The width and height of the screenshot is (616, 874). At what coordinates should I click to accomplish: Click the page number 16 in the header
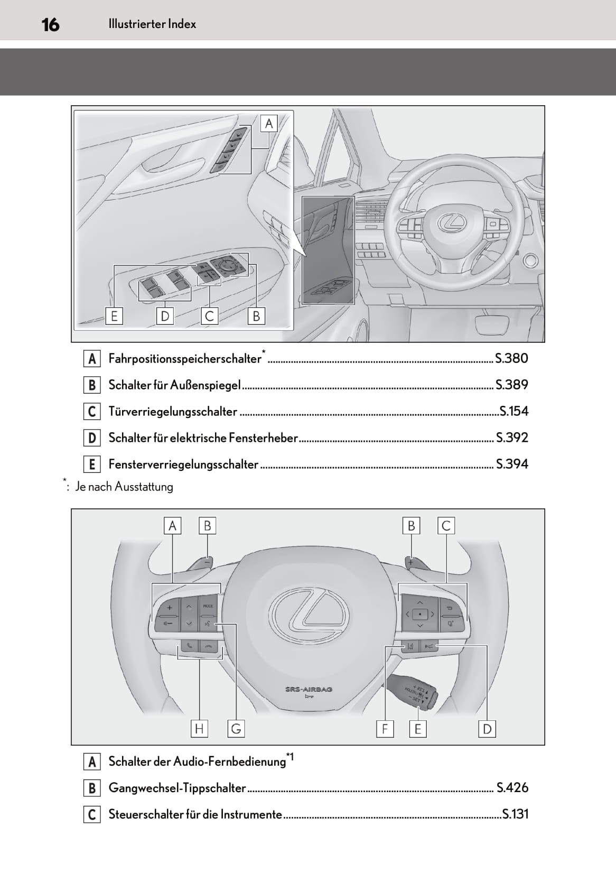click(x=51, y=24)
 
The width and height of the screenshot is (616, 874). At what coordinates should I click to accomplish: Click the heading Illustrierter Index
click(x=152, y=24)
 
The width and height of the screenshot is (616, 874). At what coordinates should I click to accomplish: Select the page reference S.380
click(x=511, y=358)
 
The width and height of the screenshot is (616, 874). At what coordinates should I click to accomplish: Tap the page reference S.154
click(x=514, y=411)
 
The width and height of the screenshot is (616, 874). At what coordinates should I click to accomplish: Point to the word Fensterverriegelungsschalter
click(x=183, y=464)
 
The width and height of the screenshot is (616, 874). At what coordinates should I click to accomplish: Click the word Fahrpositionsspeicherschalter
click(x=185, y=359)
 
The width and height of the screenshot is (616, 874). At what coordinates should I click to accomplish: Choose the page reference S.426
click(x=512, y=788)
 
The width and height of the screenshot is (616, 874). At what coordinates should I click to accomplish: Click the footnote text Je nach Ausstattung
click(x=124, y=487)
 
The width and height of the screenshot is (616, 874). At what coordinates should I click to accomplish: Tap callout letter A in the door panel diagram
click(x=269, y=124)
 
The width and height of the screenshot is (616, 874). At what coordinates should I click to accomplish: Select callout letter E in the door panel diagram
click(x=114, y=316)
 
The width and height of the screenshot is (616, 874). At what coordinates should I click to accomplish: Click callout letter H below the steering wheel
click(x=199, y=729)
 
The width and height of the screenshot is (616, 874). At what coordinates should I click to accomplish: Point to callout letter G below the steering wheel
click(x=236, y=729)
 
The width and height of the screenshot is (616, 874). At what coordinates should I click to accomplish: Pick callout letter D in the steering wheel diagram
click(x=487, y=729)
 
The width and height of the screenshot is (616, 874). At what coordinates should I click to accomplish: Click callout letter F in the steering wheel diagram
click(x=385, y=729)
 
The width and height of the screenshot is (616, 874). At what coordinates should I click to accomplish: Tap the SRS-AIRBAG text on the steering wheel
click(x=309, y=690)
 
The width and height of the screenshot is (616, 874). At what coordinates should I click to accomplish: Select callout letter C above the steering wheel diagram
click(x=446, y=526)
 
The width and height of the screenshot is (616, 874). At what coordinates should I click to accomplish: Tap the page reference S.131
click(x=515, y=814)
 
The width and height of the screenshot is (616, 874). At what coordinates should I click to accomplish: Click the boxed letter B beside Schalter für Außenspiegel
click(x=92, y=385)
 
